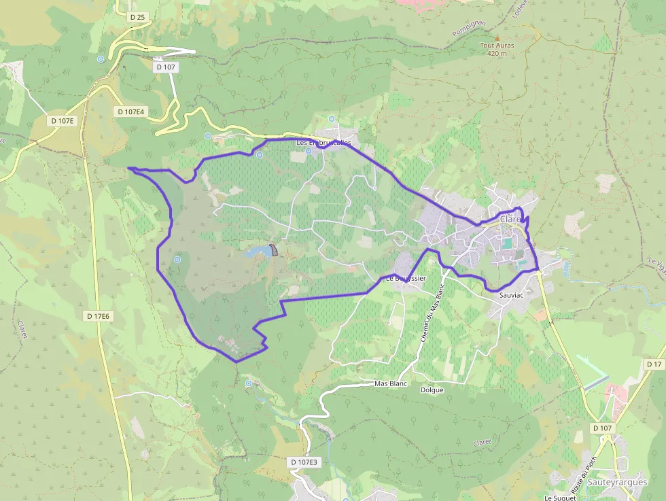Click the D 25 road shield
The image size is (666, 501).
coord(137,17)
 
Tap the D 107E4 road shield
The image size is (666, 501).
coord(132,111)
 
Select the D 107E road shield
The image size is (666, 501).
coord(63,120)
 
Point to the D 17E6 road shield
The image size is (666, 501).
coord(99,316)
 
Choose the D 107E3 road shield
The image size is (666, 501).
coord(304,462)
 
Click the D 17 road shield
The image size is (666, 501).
coord(654,365)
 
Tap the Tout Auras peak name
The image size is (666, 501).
coord(497,46)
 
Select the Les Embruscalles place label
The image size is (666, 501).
coord(324,143)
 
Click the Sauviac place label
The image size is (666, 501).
coord(511,296)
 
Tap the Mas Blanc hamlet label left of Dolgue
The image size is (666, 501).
coord(390,383)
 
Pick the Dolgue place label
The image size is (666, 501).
coord(432,390)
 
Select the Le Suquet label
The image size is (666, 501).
coord(561,497)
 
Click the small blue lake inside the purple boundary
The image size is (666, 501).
coord(257,252)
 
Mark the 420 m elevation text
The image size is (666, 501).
coord(497,53)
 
